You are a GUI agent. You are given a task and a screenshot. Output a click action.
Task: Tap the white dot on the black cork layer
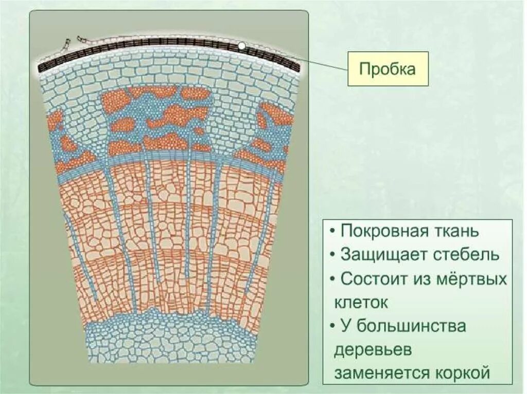[x=241, y=46]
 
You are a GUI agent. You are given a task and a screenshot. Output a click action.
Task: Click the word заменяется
[x=382, y=373]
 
